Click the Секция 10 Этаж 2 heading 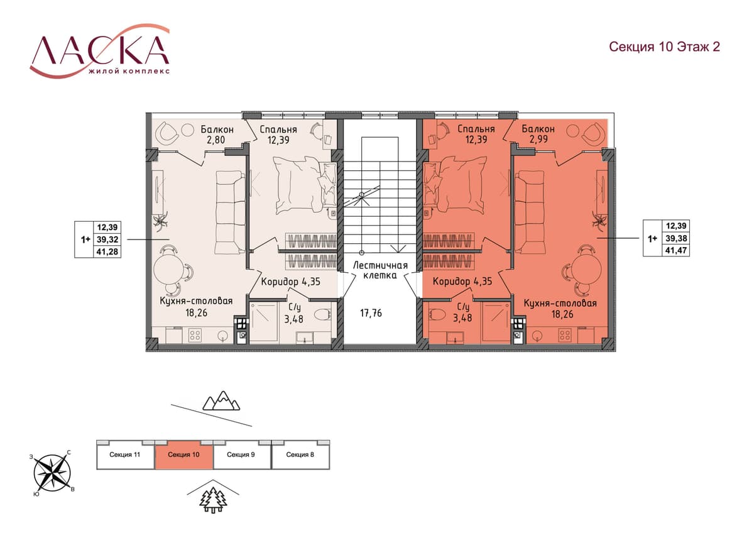click(664, 47)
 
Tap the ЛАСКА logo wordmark click(100, 50)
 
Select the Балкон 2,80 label click(217, 135)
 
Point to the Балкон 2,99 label click(538, 134)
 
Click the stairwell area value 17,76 click(371, 313)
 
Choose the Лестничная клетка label click(380, 270)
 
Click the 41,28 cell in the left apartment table click(107, 251)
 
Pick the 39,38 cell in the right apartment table click(676, 238)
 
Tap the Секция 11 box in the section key click(125, 454)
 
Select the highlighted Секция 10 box click(183, 454)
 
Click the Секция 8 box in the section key click(300, 454)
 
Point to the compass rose click(52, 473)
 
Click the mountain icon click(221, 400)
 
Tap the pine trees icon click(213, 501)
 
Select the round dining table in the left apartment click(168, 270)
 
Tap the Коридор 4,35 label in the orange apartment click(462, 281)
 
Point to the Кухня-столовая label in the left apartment click(196, 300)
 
